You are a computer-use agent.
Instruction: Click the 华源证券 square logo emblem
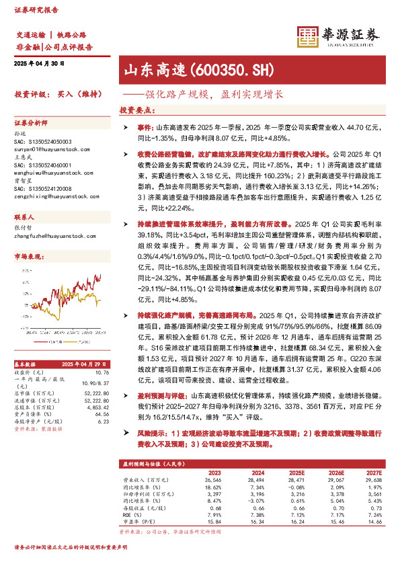tap(307, 36)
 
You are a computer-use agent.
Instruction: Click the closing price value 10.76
tap(102, 372)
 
